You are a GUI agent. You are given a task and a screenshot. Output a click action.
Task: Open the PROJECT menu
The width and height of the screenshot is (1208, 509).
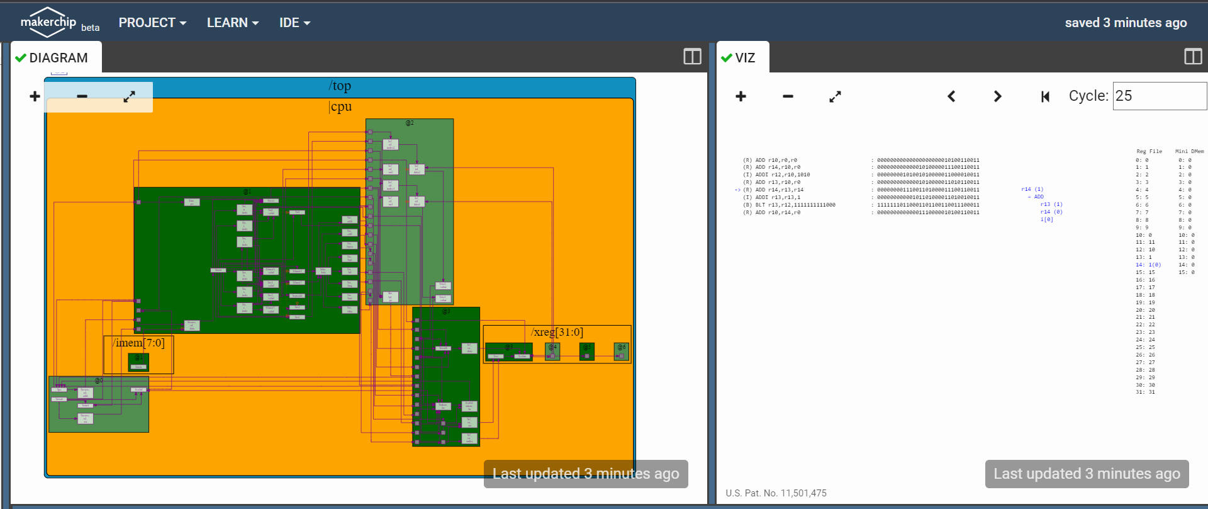click(152, 23)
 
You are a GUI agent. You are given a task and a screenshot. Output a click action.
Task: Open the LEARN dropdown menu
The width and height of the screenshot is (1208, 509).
click(233, 23)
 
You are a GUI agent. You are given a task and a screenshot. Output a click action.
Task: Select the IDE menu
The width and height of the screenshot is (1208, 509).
click(294, 23)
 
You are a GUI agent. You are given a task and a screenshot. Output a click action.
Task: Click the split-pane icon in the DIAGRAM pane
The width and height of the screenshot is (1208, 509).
click(692, 57)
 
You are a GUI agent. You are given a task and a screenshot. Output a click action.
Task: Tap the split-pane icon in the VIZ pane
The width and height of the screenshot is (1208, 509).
click(1193, 57)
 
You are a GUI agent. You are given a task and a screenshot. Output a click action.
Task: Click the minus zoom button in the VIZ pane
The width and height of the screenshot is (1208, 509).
click(788, 96)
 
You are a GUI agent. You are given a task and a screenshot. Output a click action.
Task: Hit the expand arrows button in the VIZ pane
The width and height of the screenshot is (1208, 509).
click(835, 96)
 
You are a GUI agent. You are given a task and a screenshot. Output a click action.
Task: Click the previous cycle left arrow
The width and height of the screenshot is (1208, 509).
click(951, 96)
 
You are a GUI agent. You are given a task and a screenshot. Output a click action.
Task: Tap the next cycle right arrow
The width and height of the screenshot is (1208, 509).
click(997, 96)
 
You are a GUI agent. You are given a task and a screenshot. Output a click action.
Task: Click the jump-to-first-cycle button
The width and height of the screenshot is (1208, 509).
click(1045, 96)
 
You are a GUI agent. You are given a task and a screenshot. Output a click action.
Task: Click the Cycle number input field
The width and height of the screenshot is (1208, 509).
click(1159, 96)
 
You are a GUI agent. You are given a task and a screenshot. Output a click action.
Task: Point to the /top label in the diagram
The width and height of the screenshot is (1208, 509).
click(340, 86)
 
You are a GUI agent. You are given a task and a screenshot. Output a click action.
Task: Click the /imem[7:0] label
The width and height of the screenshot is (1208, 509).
click(139, 343)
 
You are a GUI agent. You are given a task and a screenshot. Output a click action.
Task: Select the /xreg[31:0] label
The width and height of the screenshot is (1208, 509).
click(557, 332)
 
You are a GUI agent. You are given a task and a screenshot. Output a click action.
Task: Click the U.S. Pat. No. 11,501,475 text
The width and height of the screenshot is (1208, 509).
click(776, 493)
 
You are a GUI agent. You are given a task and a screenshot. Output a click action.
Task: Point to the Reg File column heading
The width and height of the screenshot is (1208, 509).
click(1149, 151)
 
